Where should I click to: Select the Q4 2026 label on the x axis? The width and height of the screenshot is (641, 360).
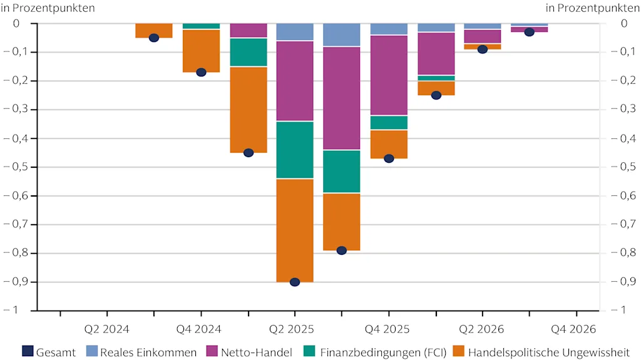(573, 329)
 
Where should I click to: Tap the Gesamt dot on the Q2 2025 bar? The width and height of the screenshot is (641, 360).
(295, 282)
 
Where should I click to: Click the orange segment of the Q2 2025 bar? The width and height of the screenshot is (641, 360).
(295, 230)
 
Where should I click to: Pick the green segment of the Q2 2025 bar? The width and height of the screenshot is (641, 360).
(295, 150)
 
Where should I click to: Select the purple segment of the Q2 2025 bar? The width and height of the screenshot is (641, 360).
(295, 81)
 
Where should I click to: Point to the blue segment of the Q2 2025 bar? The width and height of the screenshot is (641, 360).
(295, 32)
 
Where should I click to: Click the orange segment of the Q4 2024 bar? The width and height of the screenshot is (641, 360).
(201, 51)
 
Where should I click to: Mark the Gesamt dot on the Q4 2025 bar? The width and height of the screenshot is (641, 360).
(389, 158)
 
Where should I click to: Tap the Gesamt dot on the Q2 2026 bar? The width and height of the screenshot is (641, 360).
(483, 49)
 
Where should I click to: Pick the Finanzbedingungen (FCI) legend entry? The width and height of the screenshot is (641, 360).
(375, 352)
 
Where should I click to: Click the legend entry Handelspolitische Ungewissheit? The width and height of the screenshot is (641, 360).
(544, 352)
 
